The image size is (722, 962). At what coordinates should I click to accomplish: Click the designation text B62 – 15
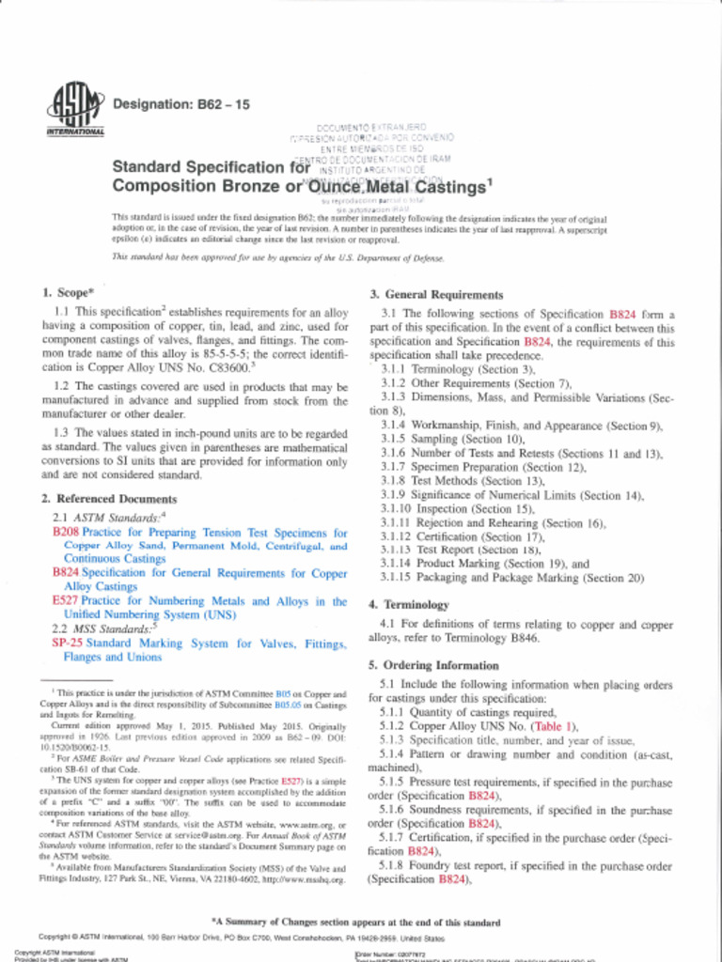(x=181, y=104)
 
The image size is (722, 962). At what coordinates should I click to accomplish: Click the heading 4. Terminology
(x=409, y=604)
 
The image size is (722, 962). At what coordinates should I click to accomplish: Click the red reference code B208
(x=66, y=533)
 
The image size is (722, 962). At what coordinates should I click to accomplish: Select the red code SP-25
(x=67, y=644)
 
